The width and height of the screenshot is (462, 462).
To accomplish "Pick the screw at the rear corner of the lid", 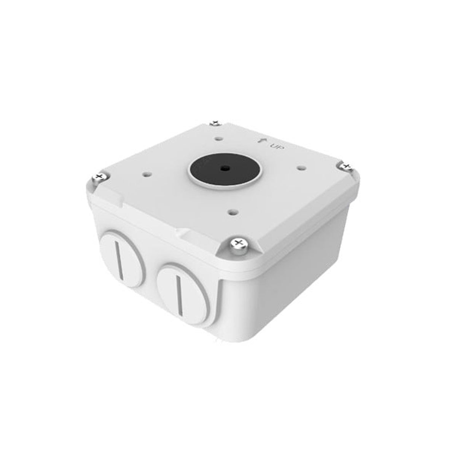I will point(215,123).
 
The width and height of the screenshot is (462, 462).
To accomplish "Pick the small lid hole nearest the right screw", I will point(300,167).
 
